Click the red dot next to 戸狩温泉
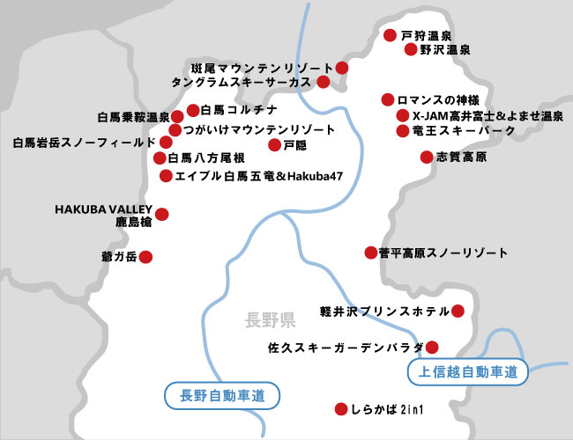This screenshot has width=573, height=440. click(390, 35)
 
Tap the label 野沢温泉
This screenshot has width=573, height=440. click(445, 50)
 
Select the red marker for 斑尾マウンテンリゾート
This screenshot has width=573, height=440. click(342, 68)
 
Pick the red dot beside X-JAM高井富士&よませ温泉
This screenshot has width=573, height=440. click(403, 115)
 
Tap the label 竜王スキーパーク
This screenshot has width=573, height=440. click(458, 130)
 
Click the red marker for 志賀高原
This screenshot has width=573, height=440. click(426, 157)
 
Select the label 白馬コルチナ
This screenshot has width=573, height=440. click(239, 110)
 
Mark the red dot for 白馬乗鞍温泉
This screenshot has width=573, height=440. click(177, 116)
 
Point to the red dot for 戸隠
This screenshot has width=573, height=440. click(274, 143)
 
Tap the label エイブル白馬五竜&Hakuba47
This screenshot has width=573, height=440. click(258, 176)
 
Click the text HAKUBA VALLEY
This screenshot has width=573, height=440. click(104, 209)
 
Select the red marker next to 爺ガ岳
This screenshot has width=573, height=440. click(146, 257)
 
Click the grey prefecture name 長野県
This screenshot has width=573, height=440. click(271, 319)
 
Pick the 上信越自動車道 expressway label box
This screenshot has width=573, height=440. click(468, 371)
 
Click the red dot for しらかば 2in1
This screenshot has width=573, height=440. click(341, 409)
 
